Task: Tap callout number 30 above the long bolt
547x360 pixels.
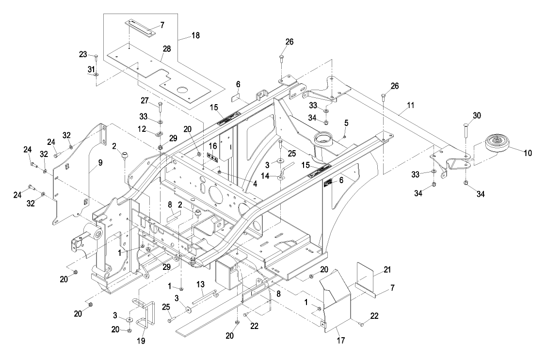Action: tap(477, 116)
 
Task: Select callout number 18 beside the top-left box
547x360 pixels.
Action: tap(196, 35)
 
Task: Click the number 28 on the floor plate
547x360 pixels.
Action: tap(167, 49)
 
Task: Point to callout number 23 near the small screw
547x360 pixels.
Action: tap(82, 55)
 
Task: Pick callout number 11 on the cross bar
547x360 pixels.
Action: tap(411, 105)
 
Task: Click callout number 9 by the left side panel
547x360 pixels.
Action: tap(100, 163)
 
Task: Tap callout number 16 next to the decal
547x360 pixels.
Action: tap(213, 146)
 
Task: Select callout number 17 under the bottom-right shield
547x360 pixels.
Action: tap(340, 340)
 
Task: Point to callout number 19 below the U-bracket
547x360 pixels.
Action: tap(141, 341)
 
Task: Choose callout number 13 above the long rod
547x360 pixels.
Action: tap(200, 285)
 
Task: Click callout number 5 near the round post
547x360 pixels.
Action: tap(346, 123)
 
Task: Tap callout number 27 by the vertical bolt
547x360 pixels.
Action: tap(145, 101)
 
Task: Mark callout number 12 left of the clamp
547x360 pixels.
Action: tap(142, 129)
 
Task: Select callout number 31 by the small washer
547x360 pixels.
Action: tap(91, 70)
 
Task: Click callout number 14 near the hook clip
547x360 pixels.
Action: tap(265, 176)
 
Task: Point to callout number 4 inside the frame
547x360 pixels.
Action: tap(255, 184)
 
